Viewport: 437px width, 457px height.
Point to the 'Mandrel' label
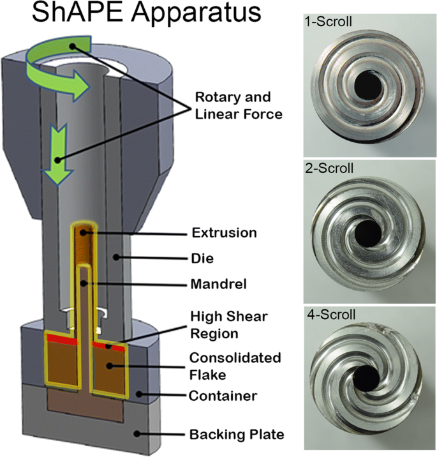[220, 282]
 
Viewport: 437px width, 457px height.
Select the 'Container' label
[223, 396]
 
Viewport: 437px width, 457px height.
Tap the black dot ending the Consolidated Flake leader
[109, 366]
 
